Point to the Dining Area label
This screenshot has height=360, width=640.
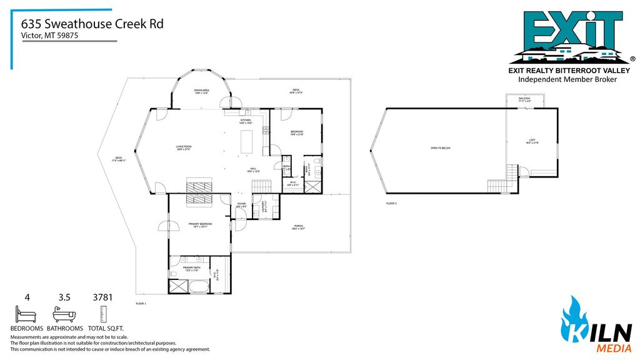[201, 92]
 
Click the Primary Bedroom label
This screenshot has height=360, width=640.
[200, 225]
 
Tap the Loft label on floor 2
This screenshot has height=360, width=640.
[532, 141]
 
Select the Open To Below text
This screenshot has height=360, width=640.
[440, 148]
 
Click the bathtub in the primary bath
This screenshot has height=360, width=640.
[200, 287]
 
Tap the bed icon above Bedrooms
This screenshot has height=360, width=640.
[26, 313]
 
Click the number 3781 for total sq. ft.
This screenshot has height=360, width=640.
[102, 297]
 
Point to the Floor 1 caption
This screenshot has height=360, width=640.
[141, 303]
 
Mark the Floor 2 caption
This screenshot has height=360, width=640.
[391, 204]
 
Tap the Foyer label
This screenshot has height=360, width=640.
[241, 206]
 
